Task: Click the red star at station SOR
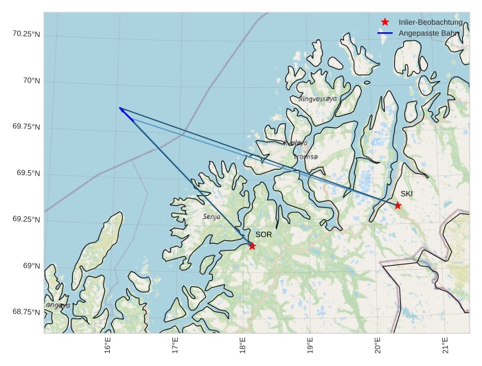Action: [x=252, y=246]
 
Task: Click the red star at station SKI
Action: [x=398, y=205]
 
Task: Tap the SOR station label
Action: [x=264, y=235]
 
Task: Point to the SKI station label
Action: [x=406, y=194]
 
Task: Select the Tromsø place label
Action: [x=306, y=157]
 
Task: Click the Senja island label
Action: [x=211, y=216]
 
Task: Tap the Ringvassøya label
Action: [x=318, y=99]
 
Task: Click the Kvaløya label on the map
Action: [x=296, y=143]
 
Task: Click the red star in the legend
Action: [x=385, y=23]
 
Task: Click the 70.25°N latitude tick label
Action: [x=26, y=34]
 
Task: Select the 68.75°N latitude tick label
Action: [x=26, y=312]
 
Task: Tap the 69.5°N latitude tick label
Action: [x=27, y=173]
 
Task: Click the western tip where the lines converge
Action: [x=119, y=108]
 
